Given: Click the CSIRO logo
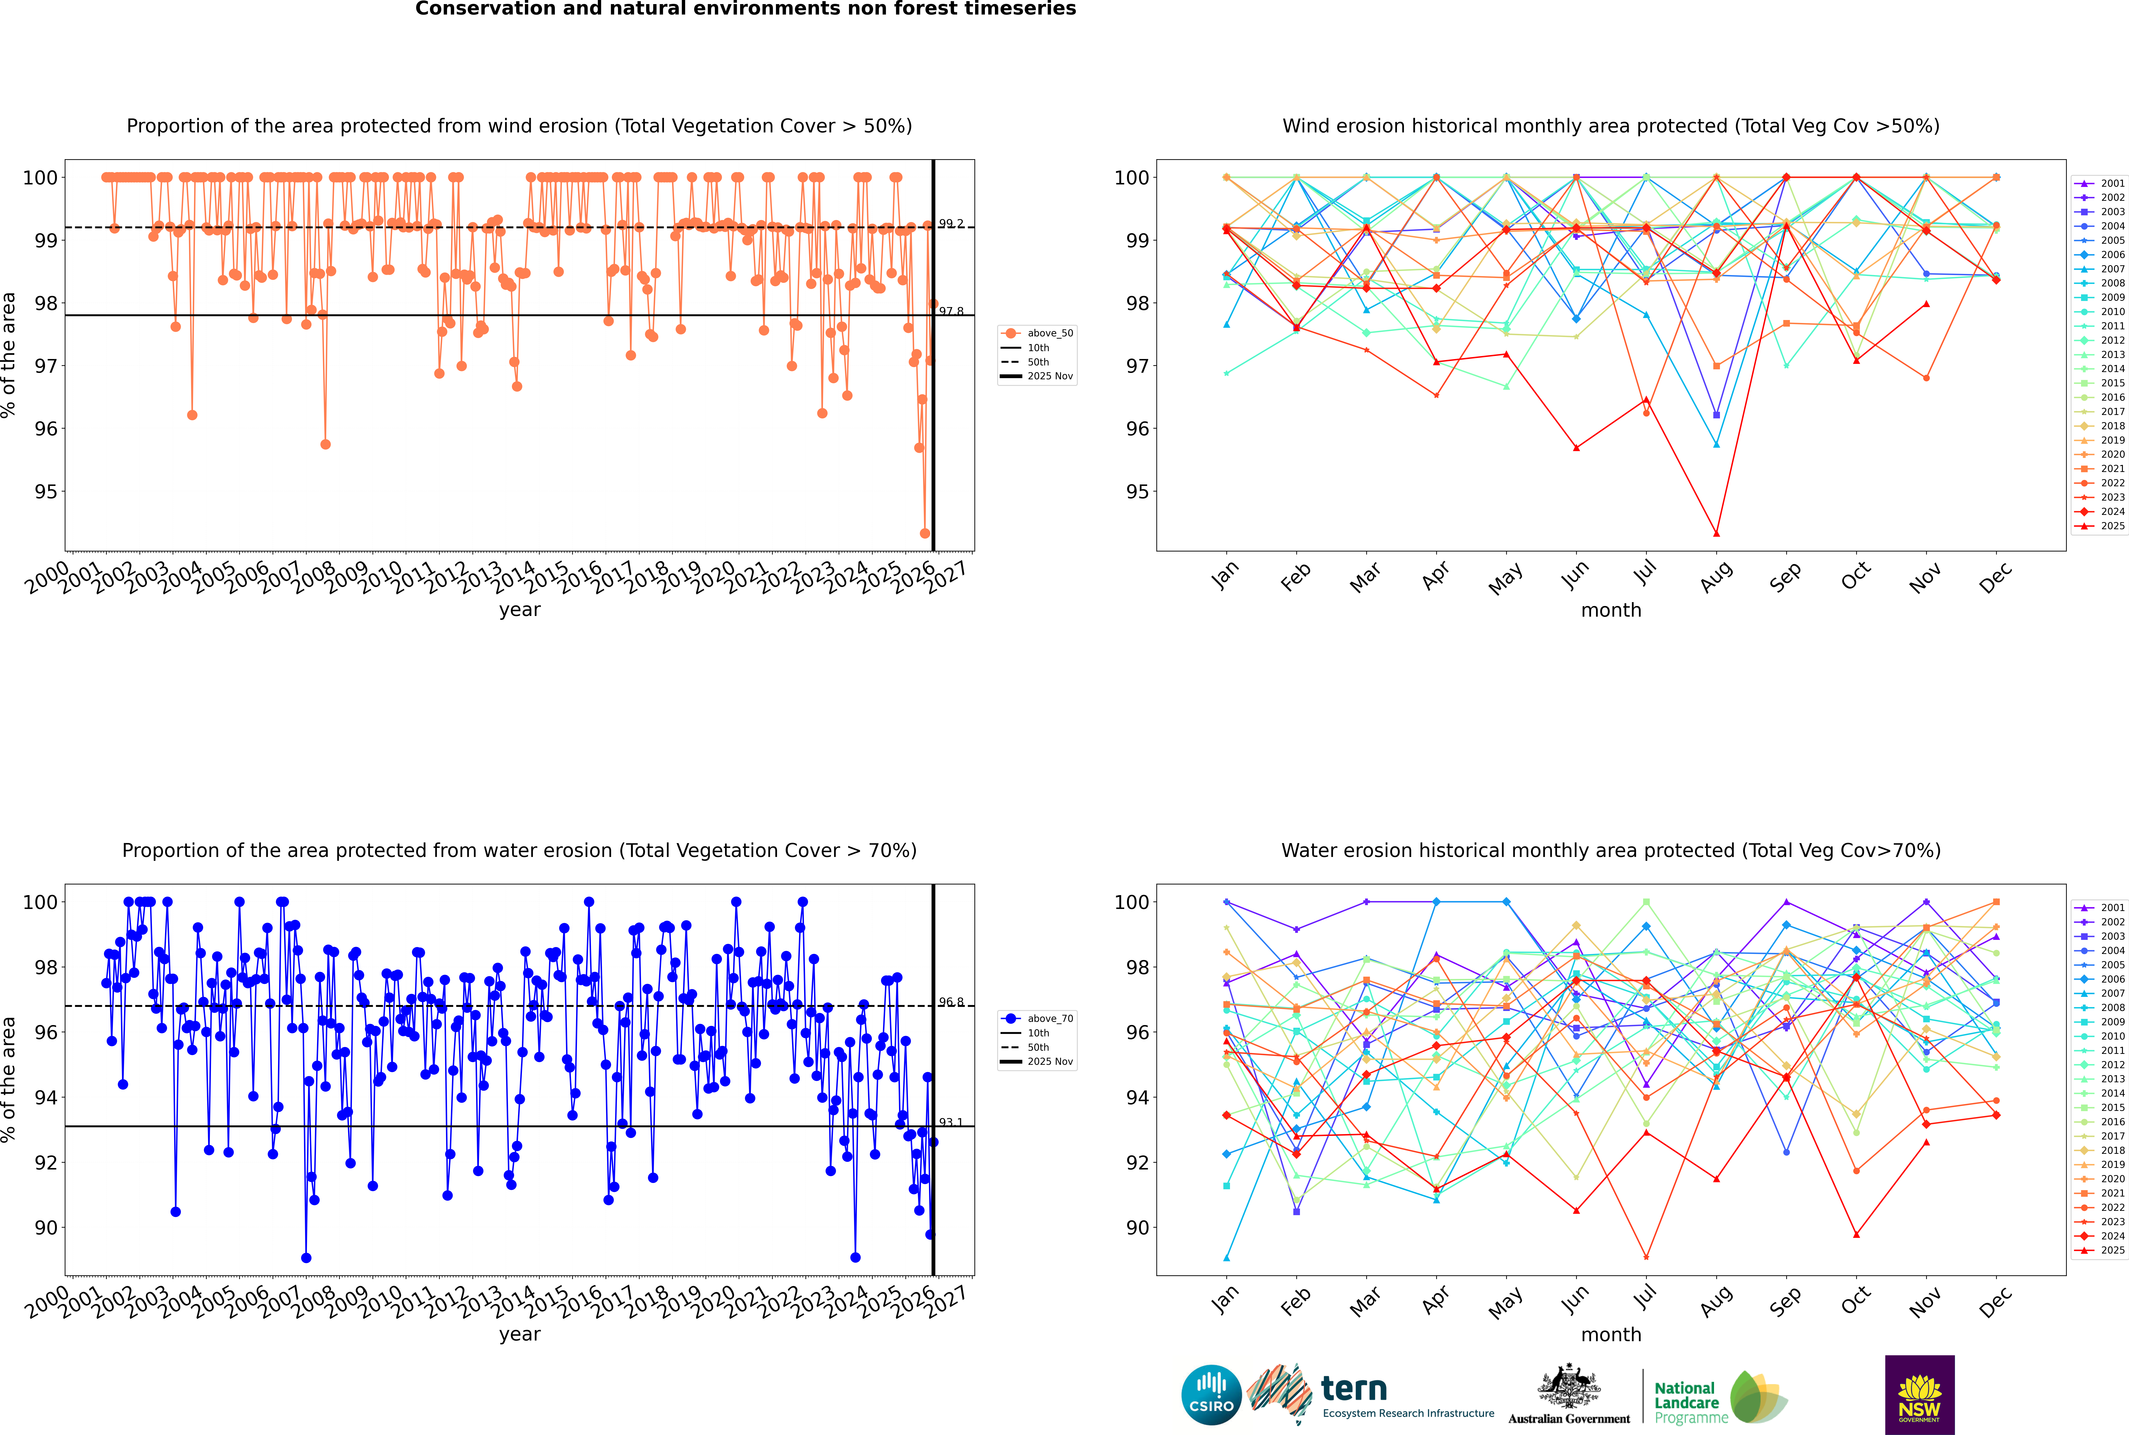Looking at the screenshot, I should [x=1211, y=1395].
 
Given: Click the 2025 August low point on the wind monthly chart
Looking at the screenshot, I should [x=1716, y=534].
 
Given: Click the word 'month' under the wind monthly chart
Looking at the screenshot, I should [x=1611, y=611].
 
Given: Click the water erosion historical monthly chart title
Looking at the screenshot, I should [x=1611, y=850].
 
